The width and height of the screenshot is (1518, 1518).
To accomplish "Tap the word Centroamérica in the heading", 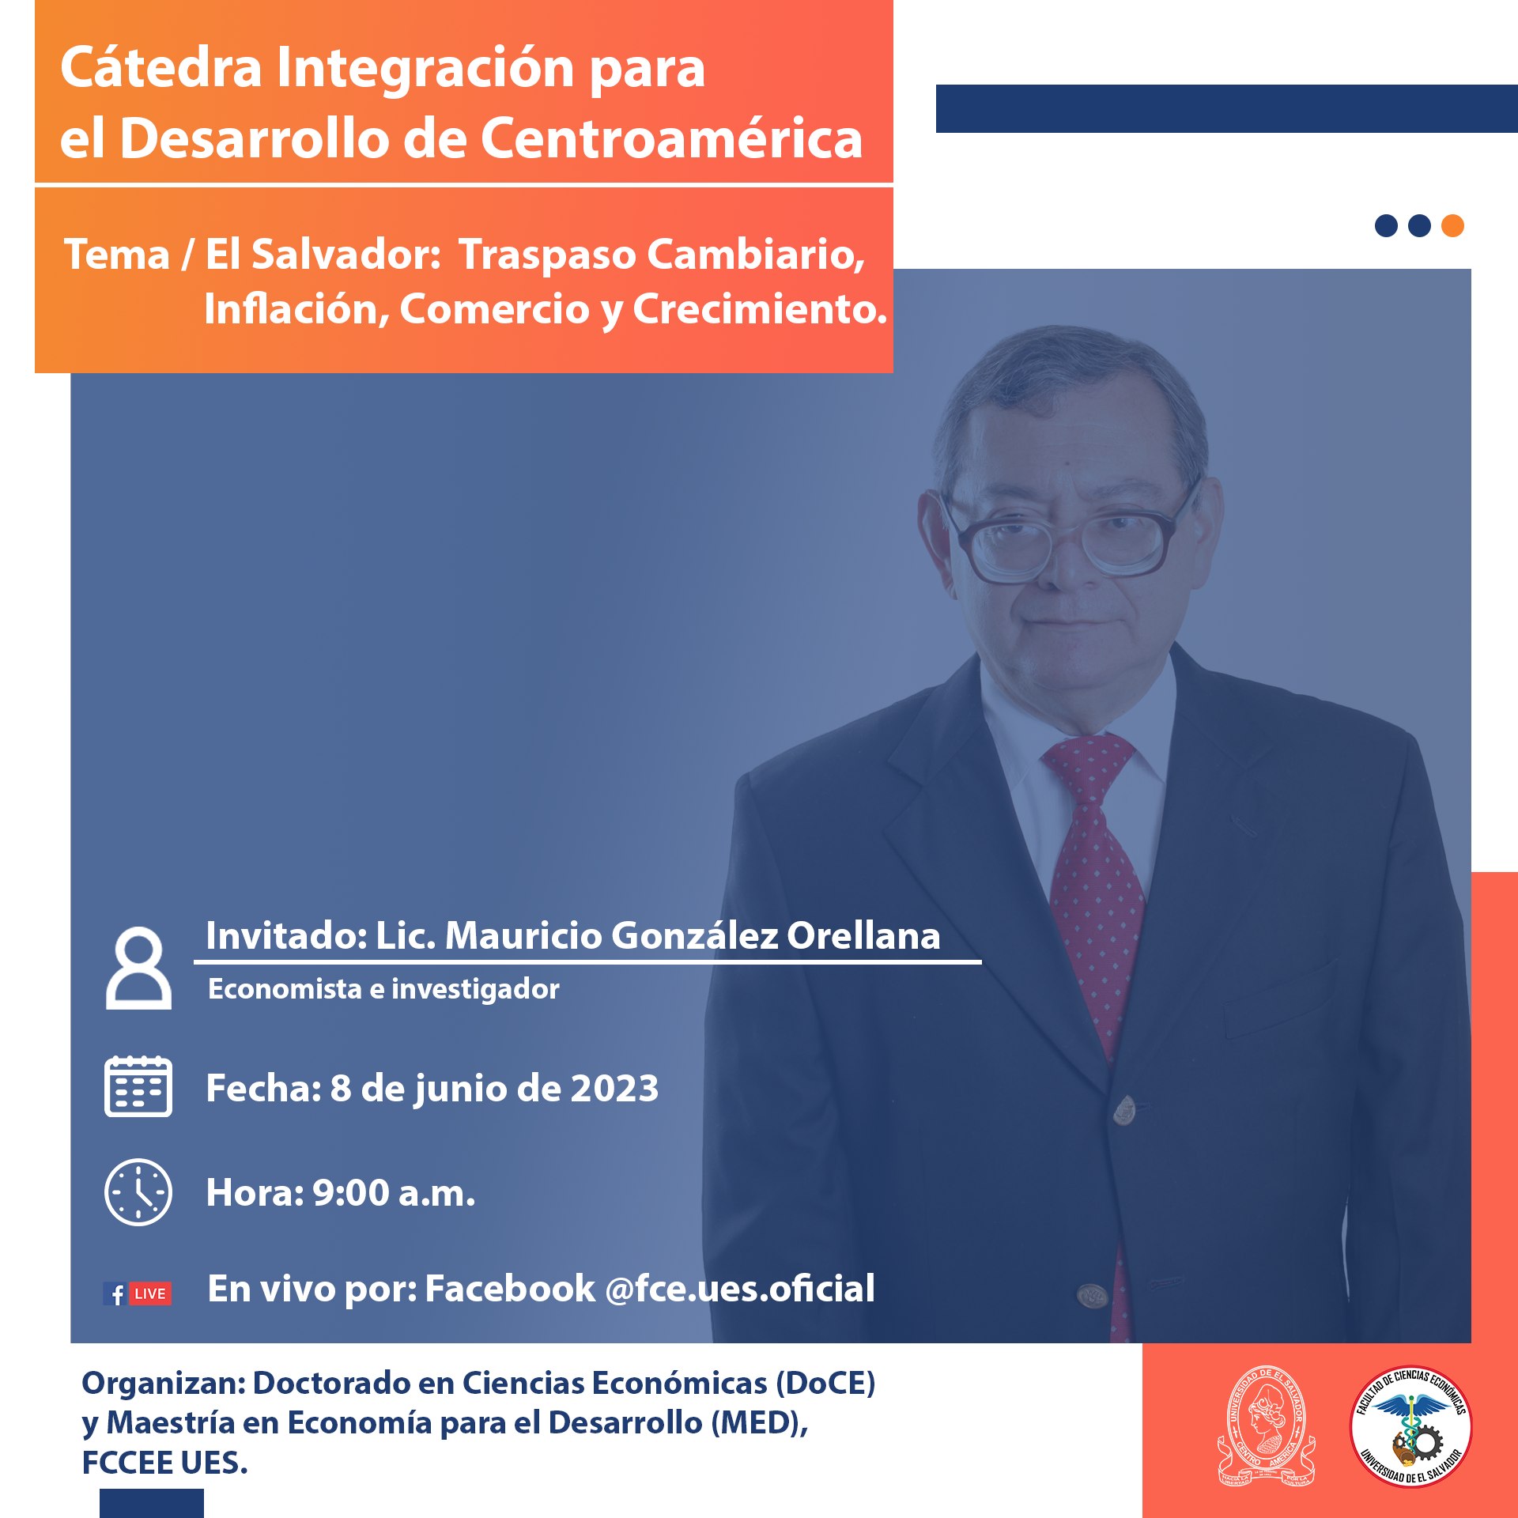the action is (x=671, y=138).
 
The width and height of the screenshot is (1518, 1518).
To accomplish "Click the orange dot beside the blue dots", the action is (x=1452, y=226).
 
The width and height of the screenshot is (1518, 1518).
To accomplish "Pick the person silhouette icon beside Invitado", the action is (x=138, y=968).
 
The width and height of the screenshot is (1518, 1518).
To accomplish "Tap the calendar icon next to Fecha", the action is (x=138, y=1086).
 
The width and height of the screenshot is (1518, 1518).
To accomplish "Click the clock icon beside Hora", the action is (x=138, y=1192).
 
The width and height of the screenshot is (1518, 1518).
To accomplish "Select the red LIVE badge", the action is (x=150, y=1294).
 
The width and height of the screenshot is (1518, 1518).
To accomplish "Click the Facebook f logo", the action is (x=115, y=1294).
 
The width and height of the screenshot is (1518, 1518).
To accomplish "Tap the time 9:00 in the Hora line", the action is (x=351, y=1192).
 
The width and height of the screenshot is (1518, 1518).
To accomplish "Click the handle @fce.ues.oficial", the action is (x=740, y=1289).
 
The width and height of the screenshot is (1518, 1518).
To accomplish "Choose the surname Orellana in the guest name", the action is (x=863, y=935).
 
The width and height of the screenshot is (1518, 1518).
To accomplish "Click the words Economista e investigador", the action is (x=383, y=988).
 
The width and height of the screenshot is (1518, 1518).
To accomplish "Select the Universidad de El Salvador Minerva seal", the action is (x=1266, y=1425).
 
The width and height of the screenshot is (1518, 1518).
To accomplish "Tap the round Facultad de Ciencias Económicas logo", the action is (x=1410, y=1425).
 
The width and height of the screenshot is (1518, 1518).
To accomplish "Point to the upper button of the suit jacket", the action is (x=1124, y=1110).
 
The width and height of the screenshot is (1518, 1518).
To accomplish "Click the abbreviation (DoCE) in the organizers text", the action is (x=825, y=1383).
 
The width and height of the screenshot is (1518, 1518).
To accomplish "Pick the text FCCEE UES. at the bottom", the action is (x=164, y=1463).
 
